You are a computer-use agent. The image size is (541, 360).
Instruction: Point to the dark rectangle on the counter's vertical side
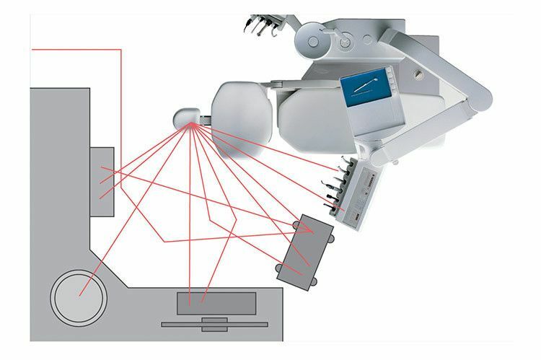coord(102,180)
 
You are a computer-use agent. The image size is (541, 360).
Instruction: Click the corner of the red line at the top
coord(121,50)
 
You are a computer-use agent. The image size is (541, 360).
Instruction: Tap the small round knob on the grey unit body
coord(418,73)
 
